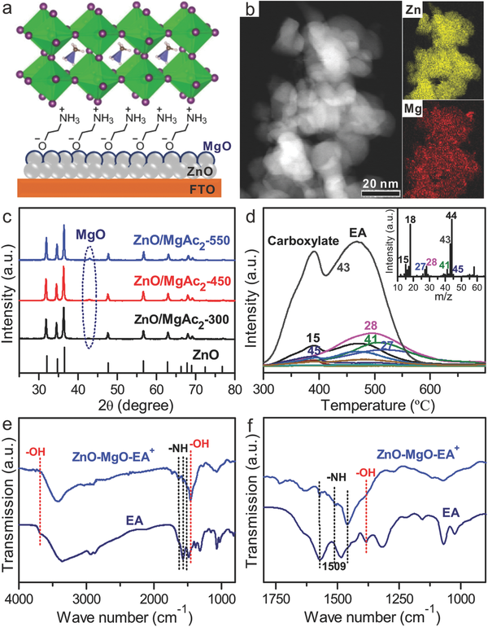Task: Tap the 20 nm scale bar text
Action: [381, 181]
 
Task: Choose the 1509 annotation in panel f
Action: [333, 566]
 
